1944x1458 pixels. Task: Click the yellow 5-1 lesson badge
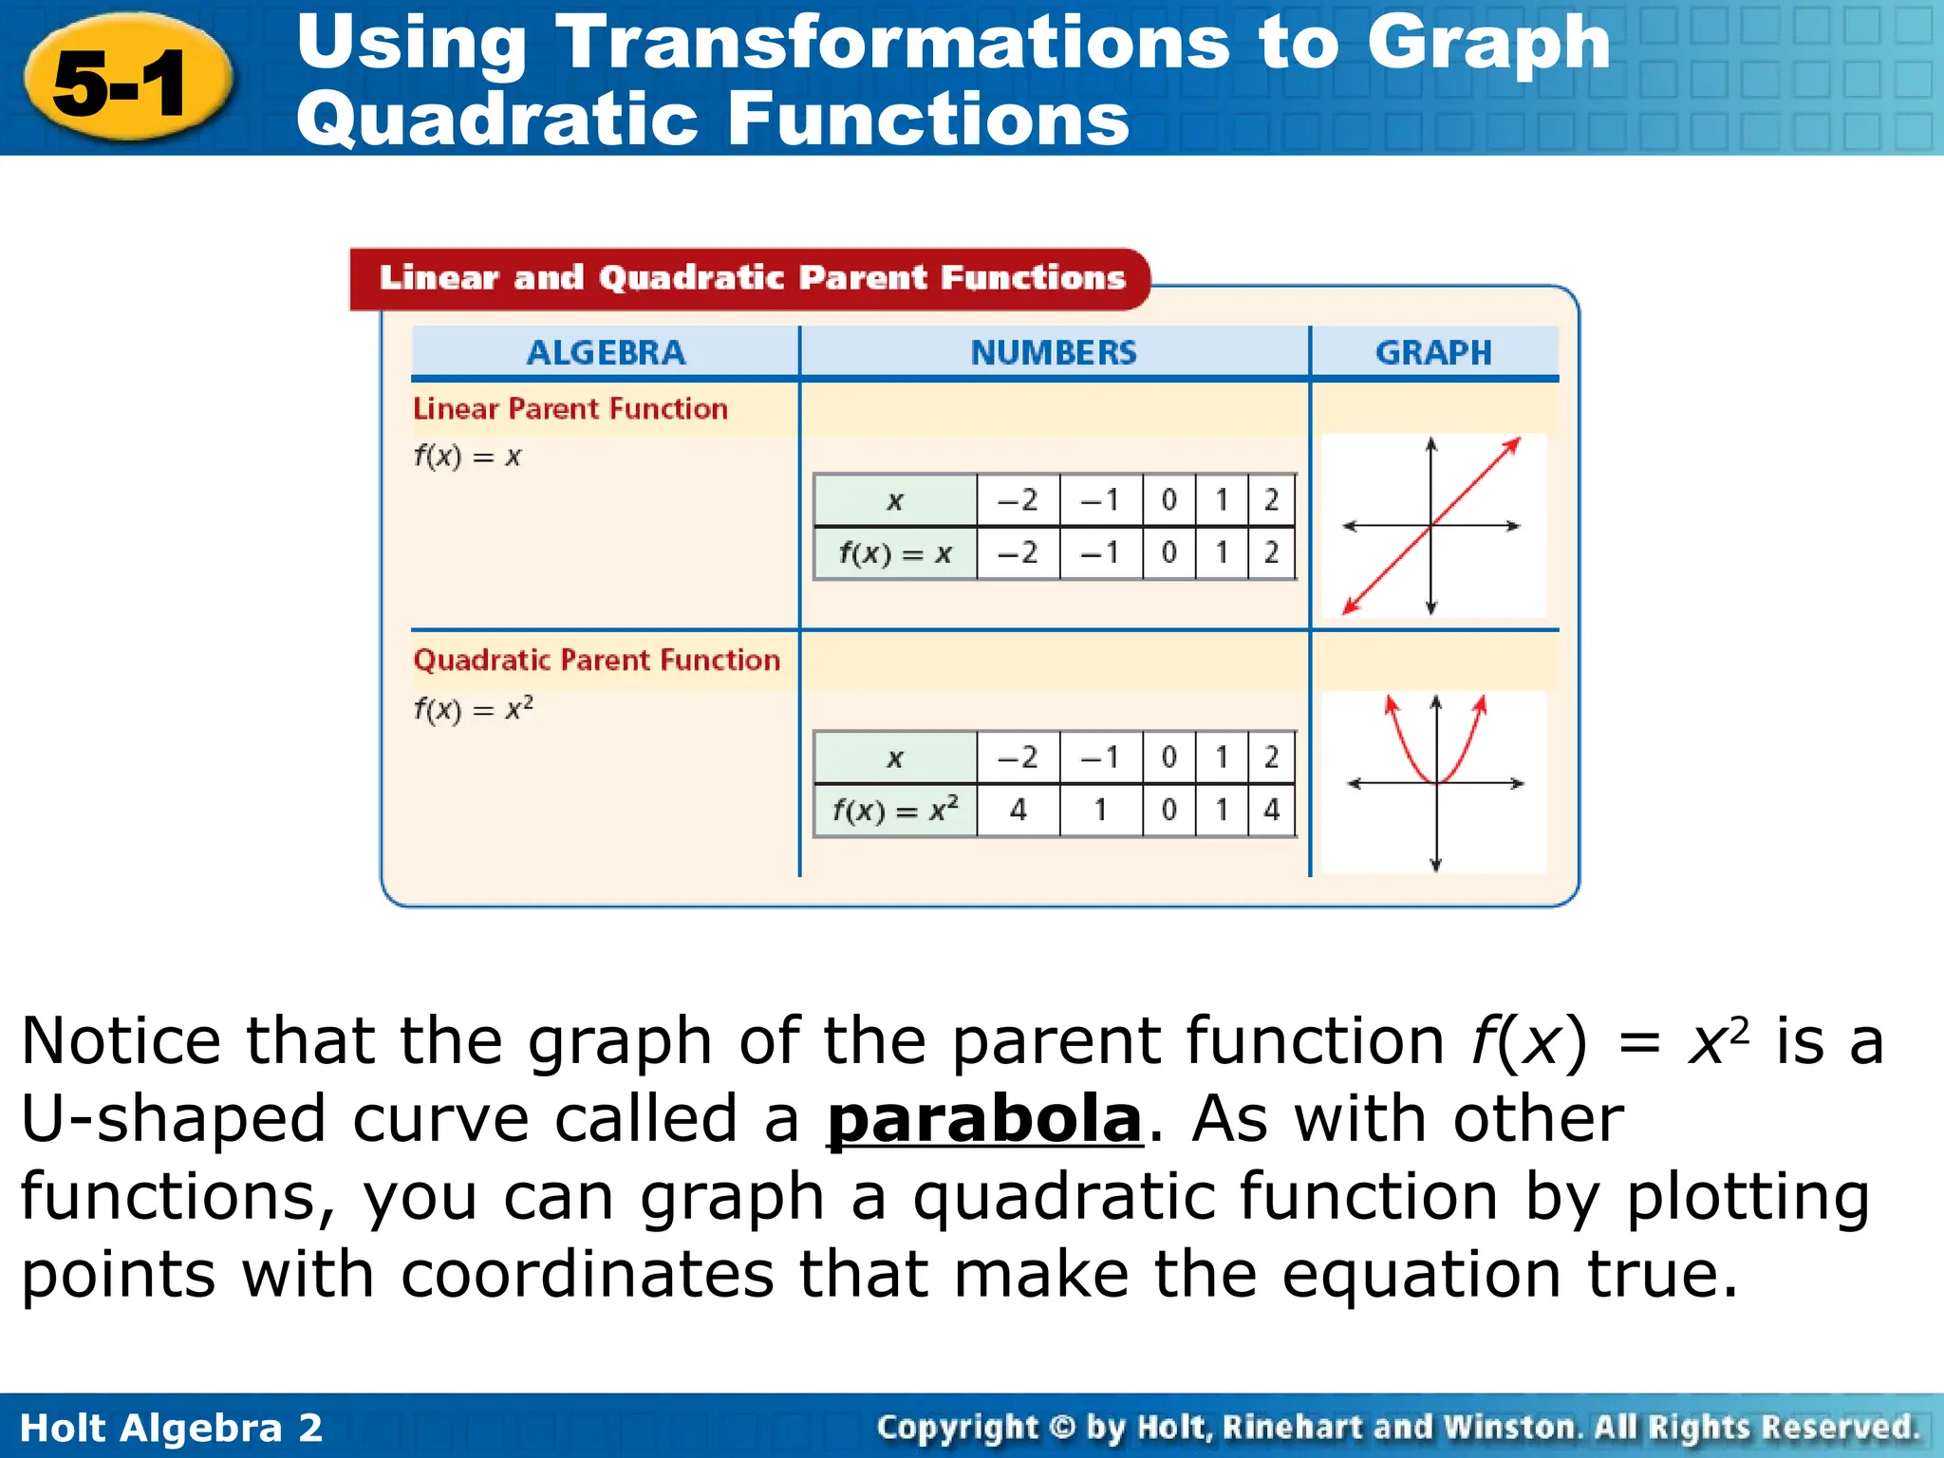[127, 81]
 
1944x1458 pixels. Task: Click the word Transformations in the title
[891, 44]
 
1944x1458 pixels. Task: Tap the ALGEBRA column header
[605, 353]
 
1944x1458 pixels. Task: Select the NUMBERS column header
[1053, 353]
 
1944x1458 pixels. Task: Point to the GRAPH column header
[1433, 353]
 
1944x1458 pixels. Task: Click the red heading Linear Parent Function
[570, 409]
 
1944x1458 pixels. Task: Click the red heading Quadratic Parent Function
[596, 660]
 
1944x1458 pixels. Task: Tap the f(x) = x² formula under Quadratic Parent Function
[473, 709]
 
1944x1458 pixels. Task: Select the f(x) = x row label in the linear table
[894, 553]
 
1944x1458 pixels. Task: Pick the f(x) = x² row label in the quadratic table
[894, 810]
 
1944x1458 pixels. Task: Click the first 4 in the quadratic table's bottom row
[1018, 810]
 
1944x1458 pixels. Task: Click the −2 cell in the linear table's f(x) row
[1018, 552]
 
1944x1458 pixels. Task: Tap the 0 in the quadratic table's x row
[1168, 757]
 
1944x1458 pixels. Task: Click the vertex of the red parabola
[1436, 782]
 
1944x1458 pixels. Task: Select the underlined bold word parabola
[984, 1118]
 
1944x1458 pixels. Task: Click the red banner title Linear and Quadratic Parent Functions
[751, 278]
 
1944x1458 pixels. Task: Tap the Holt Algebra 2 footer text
[171, 1428]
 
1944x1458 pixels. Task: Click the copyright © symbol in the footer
[1063, 1428]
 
